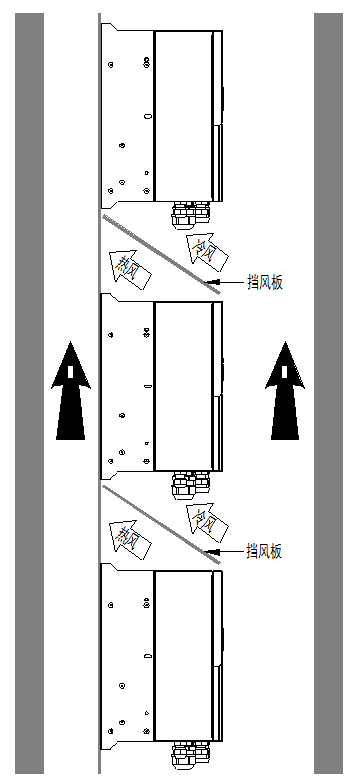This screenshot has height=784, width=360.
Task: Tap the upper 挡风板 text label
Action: tap(265, 283)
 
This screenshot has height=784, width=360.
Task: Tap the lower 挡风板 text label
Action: tap(265, 551)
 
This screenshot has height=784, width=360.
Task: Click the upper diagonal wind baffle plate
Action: tap(160, 250)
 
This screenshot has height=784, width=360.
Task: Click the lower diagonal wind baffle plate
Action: tap(160, 524)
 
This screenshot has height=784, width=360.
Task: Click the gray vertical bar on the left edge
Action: tap(29, 392)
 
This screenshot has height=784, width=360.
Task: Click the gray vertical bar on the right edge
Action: tap(329, 392)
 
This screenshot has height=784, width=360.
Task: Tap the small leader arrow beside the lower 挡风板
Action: tap(224, 551)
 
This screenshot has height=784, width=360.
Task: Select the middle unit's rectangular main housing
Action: tap(186, 385)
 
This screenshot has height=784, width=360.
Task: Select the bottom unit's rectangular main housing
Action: tap(186, 655)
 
